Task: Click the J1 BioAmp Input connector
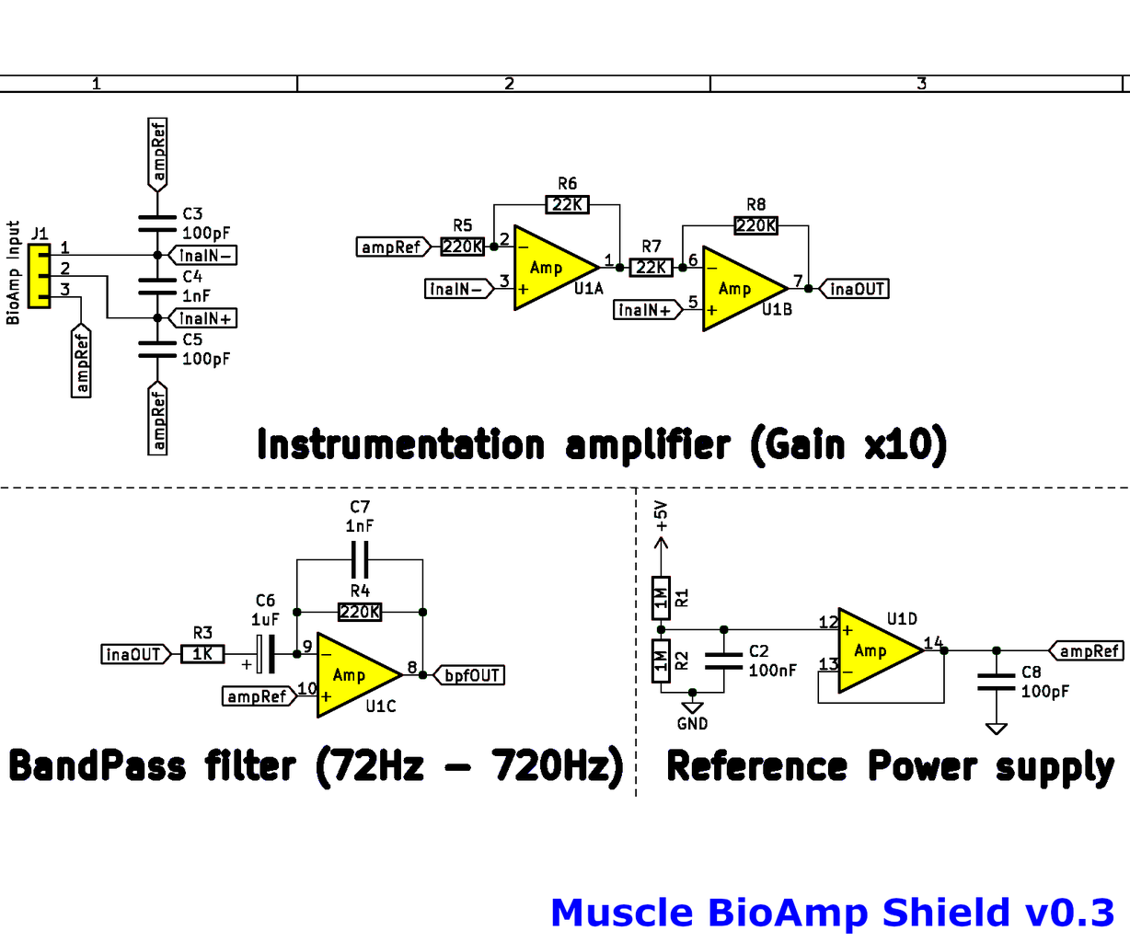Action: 40,276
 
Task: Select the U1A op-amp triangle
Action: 552,268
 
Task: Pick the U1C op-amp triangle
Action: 355,675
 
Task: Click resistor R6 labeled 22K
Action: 568,204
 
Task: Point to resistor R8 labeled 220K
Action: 755,225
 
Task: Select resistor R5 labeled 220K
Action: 462,247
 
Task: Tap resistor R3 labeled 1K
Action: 202,654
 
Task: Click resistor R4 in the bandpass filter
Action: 360,612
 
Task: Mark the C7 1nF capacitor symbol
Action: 360,558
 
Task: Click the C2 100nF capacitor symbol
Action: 724,661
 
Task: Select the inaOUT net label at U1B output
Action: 855,289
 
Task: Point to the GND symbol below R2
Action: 692,707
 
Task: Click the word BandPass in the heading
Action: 98,765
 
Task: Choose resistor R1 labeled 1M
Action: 661,598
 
